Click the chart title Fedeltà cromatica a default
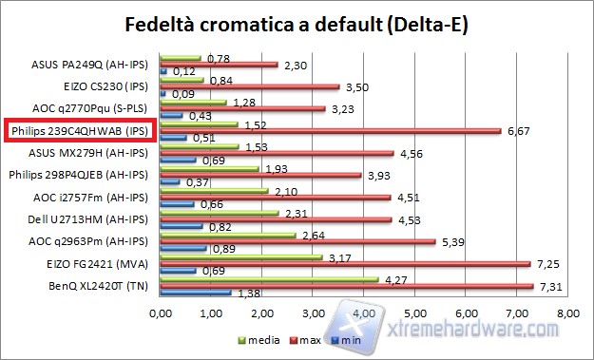[x=297, y=24]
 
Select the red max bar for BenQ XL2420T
[x=347, y=285]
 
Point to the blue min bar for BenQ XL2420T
[x=196, y=293]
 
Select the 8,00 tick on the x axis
[x=567, y=313]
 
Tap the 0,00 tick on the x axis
[x=161, y=313]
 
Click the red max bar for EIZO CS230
[x=250, y=86]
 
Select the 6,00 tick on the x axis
[x=466, y=313]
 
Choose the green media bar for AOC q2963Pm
[x=228, y=234]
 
